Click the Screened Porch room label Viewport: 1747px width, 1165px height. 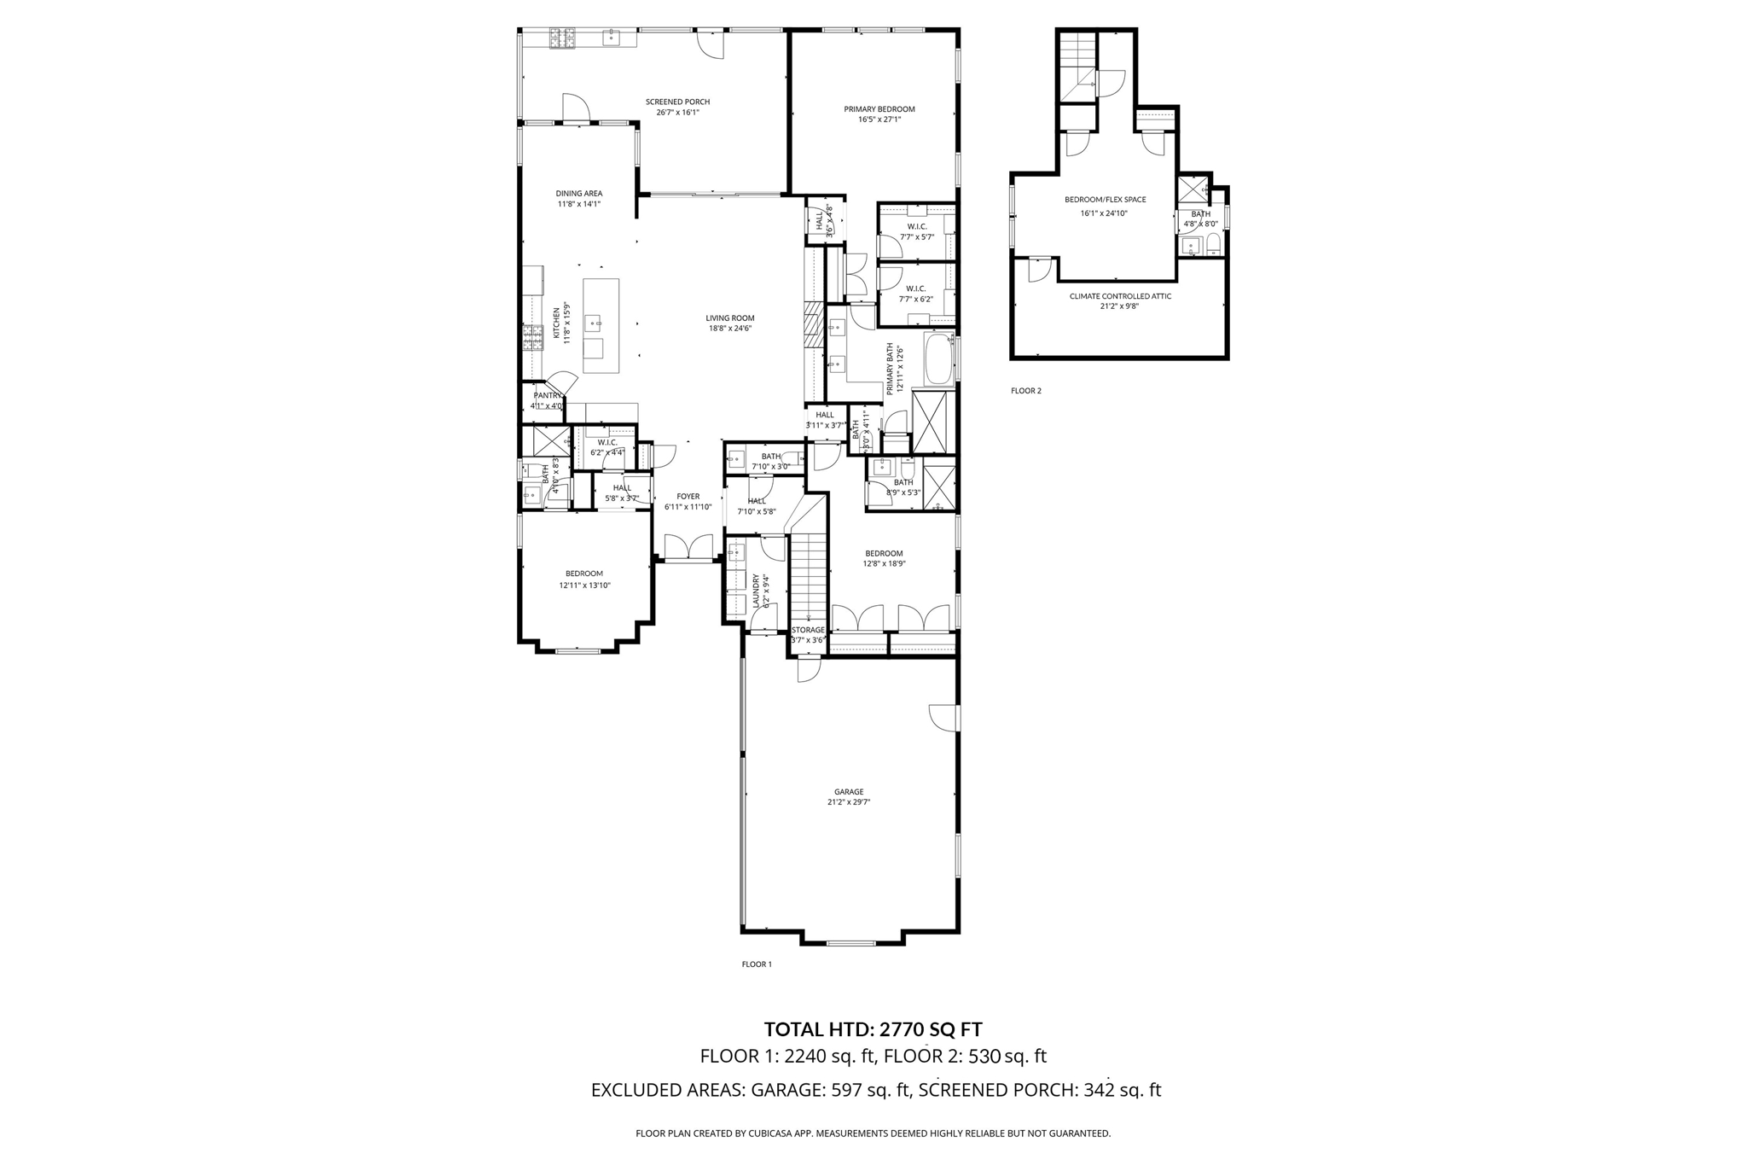tap(677, 102)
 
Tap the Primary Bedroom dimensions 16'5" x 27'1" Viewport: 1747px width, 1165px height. tap(879, 120)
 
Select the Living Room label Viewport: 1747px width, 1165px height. tap(729, 318)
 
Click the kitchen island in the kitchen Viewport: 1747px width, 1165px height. tap(601, 325)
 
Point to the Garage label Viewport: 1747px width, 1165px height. tap(849, 791)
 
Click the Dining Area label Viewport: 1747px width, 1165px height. tap(579, 193)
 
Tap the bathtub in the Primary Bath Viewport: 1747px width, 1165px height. tap(940, 359)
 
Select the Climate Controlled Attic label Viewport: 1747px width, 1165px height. tap(1120, 296)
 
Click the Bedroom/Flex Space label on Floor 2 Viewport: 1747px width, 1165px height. tap(1105, 200)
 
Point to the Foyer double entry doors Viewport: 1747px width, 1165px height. tap(688, 548)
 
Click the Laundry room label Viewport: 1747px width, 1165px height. tap(757, 590)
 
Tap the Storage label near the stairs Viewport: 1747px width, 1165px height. tap(808, 630)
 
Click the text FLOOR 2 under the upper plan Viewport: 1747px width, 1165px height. tap(1025, 391)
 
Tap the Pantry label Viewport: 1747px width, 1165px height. tap(548, 395)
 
